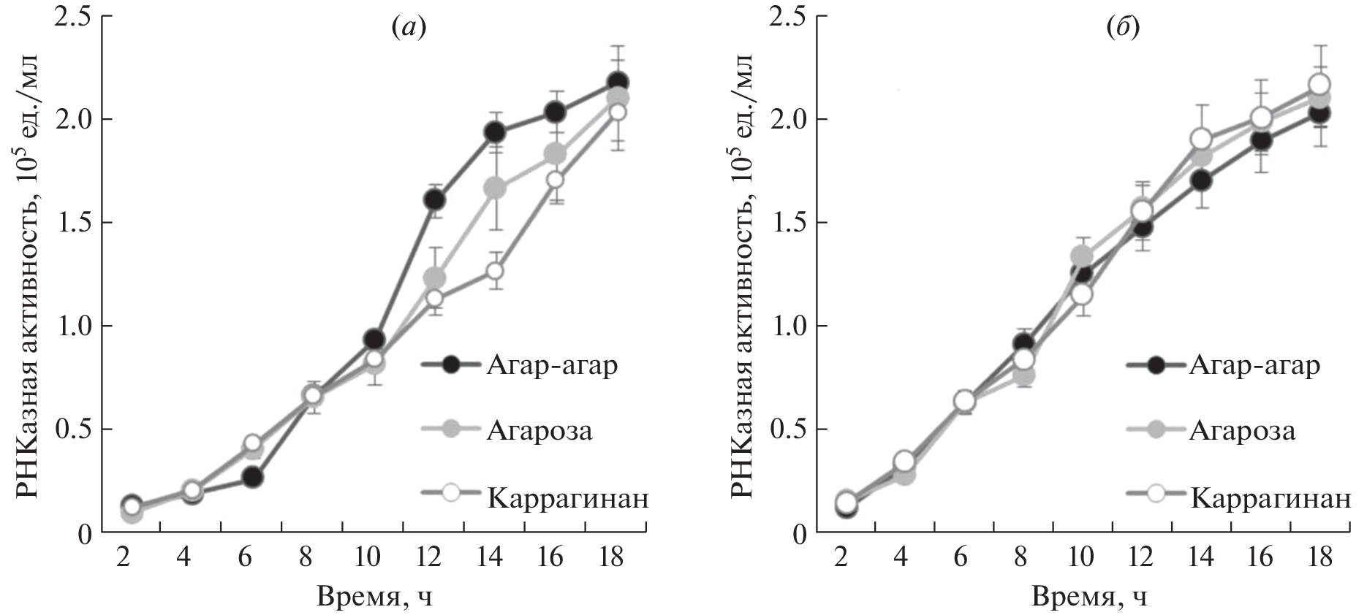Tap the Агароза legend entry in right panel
[1241, 430]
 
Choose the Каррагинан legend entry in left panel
[567, 499]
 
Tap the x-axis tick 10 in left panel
[368, 557]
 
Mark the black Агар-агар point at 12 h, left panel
[434, 199]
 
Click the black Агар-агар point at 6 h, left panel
[253, 477]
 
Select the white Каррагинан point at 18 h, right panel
[1319, 85]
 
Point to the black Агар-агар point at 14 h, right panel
[1200, 180]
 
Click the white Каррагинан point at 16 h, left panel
[556, 179]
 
